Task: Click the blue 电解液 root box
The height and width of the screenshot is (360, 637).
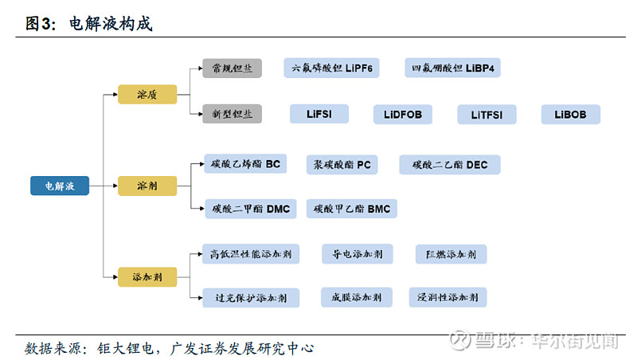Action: click(x=60, y=186)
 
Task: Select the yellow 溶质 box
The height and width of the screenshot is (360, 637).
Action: click(x=147, y=94)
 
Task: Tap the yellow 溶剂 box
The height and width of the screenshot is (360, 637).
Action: click(x=147, y=186)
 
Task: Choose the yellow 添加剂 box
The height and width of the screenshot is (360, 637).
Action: click(x=147, y=277)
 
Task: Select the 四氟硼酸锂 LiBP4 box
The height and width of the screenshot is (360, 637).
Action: click(x=452, y=68)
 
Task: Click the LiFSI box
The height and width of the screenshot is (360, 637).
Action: click(x=319, y=114)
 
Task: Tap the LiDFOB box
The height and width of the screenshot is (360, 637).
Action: click(x=403, y=115)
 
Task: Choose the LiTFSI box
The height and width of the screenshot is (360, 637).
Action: click(x=487, y=115)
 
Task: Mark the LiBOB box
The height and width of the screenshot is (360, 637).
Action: click(x=570, y=115)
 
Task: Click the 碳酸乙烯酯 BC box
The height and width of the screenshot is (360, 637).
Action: click(x=245, y=165)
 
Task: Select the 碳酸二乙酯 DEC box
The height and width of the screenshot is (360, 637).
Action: click(x=450, y=165)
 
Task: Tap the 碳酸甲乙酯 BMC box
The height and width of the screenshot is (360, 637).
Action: click(x=351, y=209)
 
